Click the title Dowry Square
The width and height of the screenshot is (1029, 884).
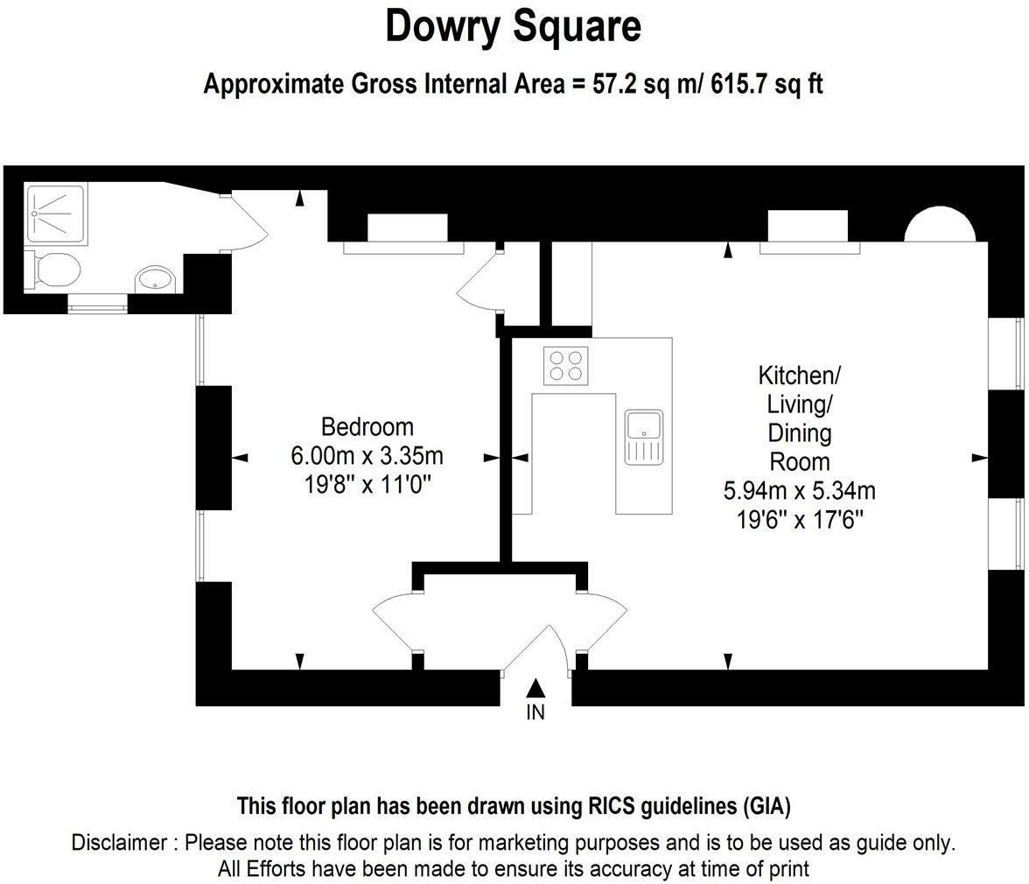point(514,26)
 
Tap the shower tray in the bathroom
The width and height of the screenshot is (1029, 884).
point(56,213)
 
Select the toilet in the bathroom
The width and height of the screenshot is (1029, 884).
point(54,269)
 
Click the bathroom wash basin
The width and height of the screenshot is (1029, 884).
point(155,279)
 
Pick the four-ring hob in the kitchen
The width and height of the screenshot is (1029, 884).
point(565,365)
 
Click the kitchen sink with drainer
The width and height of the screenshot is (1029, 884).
point(644,436)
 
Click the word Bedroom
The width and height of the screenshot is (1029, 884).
point(367,427)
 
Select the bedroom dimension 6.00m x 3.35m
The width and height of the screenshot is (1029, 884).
point(367,456)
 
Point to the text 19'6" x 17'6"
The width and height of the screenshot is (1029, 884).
point(799,518)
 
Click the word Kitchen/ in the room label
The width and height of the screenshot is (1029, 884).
point(799,376)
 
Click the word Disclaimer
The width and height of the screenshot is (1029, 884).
point(119,843)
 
